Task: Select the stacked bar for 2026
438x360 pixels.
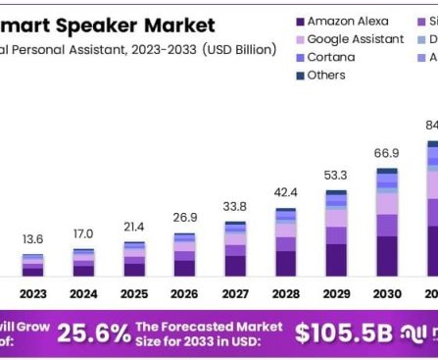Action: click(184, 254)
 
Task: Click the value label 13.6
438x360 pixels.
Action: click(32, 239)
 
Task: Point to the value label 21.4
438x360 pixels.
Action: click(133, 227)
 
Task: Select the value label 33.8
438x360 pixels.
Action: click(235, 207)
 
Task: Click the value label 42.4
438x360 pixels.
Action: click(285, 192)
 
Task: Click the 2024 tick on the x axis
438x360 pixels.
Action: click(83, 293)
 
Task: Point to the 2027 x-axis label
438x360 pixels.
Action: click(235, 293)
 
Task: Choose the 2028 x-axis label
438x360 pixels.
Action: click(285, 293)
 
